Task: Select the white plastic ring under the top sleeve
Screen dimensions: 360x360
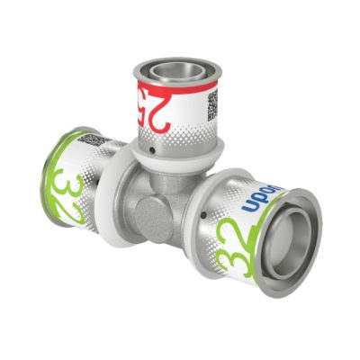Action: (175, 158)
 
